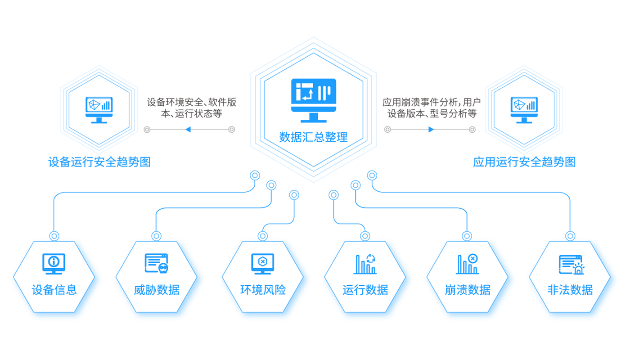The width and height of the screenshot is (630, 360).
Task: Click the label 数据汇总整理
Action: point(313,137)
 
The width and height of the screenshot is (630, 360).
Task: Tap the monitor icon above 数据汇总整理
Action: point(313,100)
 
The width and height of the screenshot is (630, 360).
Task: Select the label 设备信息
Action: point(54,290)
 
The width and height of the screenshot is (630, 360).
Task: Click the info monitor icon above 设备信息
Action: point(54,263)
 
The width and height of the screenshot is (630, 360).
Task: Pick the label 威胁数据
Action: point(156,290)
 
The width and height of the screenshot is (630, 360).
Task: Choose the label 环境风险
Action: point(263,290)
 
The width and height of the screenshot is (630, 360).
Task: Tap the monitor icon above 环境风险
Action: point(262,263)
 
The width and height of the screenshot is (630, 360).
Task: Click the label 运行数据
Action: point(365,290)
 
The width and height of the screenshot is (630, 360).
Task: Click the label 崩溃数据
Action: point(468,290)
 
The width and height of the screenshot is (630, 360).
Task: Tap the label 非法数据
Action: point(570,290)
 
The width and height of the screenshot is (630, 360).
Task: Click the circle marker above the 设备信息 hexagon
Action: point(54,236)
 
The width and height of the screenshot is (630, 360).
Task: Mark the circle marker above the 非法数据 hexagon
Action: point(570,236)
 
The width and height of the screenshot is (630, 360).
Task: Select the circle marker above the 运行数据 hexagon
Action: point(365,236)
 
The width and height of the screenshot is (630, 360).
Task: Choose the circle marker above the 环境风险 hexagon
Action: point(263,236)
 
